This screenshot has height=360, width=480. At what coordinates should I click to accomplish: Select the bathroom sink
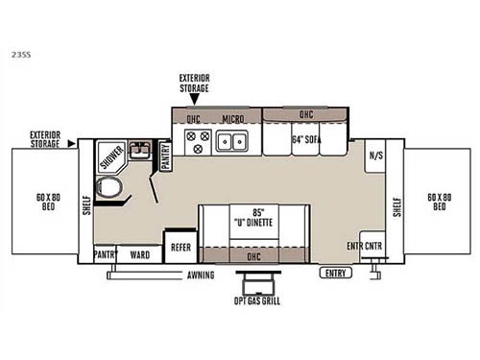tap(141, 151)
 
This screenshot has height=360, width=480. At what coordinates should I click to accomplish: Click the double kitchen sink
tap(233, 143)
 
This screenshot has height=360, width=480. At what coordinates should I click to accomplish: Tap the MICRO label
tap(232, 121)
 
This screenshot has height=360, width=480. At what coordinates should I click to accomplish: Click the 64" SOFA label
tap(307, 138)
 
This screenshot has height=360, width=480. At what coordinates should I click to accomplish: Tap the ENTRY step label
tap(336, 272)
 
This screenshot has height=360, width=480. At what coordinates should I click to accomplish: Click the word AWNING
tap(201, 275)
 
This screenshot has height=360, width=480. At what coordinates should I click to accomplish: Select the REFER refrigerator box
tap(180, 246)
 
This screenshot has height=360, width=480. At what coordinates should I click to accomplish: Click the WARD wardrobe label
tap(140, 255)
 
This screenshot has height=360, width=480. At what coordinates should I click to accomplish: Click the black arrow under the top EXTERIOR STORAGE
tap(194, 99)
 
